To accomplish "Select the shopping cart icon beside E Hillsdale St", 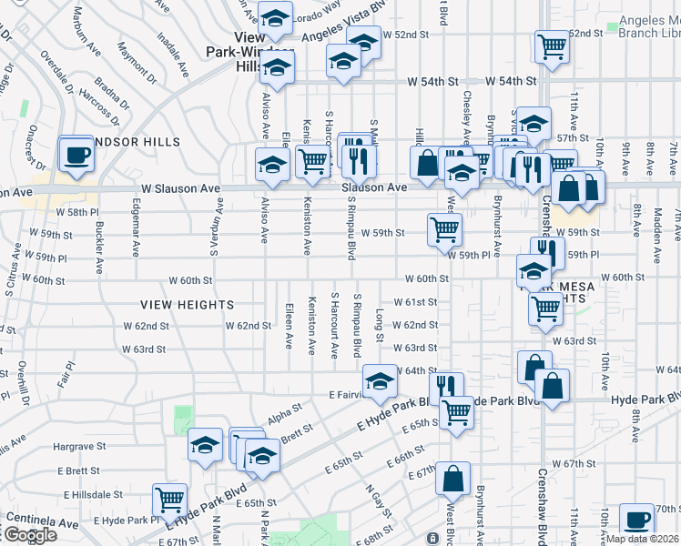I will point(170,499).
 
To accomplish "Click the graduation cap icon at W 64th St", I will point(379,381).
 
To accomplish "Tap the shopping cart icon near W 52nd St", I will point(552,47).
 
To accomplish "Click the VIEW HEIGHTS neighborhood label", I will point(188,305).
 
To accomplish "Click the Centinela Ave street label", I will point(42,523).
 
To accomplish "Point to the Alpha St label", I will point(284,415).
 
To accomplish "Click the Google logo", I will point(29,535).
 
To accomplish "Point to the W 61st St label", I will point(415,302).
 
